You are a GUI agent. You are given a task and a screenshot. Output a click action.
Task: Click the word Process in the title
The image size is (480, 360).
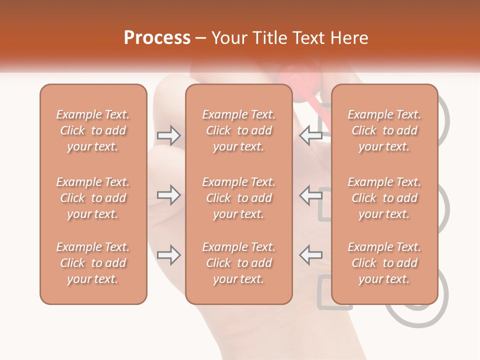click(x=157, y=38)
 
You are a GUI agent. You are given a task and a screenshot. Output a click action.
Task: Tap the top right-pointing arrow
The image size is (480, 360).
click(x=168, y=134)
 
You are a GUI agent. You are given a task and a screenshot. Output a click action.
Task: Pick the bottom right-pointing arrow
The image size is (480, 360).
click(x=168, y=255)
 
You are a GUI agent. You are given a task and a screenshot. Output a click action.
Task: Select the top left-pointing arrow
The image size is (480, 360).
click(x=310, y=134)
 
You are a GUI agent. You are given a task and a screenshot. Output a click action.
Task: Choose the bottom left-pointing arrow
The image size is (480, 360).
click(x=310, y=255)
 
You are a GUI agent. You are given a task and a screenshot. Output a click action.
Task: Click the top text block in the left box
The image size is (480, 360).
click(x=93, y=130)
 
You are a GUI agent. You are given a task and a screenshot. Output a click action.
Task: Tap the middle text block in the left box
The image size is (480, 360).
click(x=93, y=198)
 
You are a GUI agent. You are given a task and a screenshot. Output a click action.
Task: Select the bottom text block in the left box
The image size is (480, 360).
click(x=93, y=263)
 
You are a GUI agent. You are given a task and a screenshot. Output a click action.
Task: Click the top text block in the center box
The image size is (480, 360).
click(x=238, y=130)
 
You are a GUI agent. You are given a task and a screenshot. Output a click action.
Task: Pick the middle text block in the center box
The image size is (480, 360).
click(x=238, y=198)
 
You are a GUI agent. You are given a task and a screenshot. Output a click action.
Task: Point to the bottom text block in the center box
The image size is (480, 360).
click(x=238, y=263)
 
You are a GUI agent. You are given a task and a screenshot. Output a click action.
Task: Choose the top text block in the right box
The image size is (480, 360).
click(x=384, y=130)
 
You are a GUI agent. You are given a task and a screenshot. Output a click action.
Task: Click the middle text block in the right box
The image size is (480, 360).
click(x=384, y=198)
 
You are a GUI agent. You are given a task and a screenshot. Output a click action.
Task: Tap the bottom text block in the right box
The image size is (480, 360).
click(x=384, y=263)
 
